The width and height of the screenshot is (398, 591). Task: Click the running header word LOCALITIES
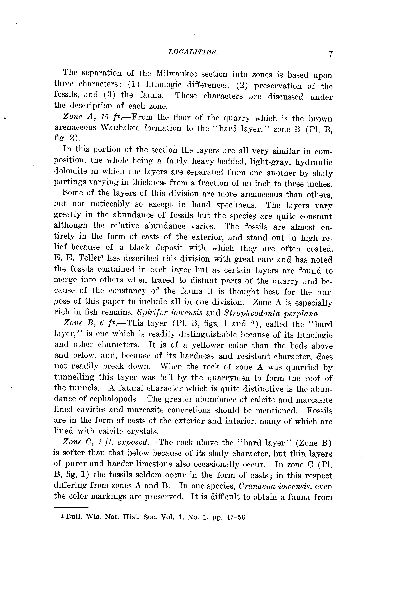[x=193, y=52]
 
